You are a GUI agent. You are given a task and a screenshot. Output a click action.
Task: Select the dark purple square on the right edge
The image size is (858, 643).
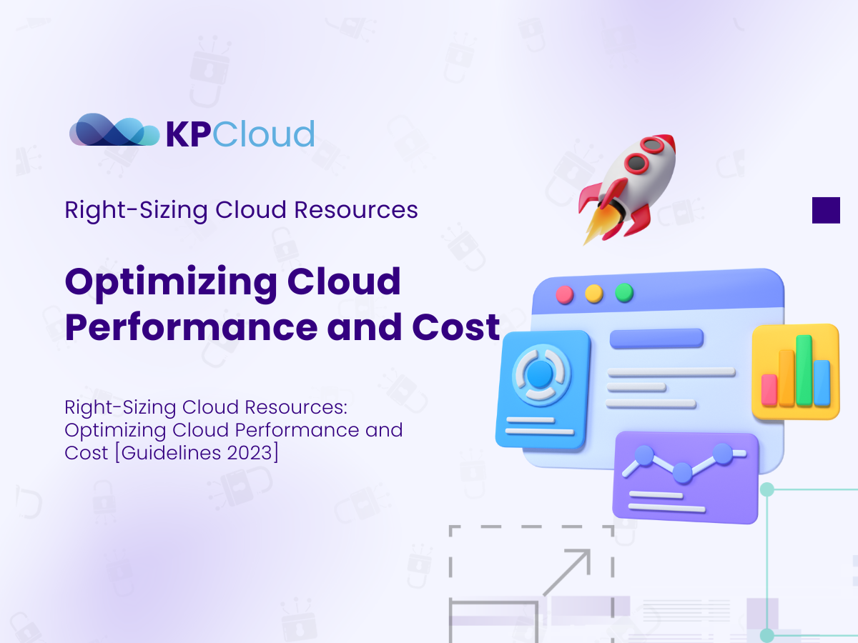pyautogui.click(x=826, y=210)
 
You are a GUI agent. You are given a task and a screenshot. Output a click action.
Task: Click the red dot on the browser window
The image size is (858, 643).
pyautogui.click(x=565, y=294)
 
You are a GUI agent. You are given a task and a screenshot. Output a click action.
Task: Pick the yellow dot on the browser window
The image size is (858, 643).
pyautogui.click(x=594, y=293)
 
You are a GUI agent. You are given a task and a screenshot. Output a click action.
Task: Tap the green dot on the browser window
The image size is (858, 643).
pyautogui.click(x=624, y=292)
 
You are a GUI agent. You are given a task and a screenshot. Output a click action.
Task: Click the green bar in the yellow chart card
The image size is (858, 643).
pyautogui.click(x=804, y=370)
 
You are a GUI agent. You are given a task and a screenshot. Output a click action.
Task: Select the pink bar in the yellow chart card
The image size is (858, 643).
pyautogui.click(x=769, y=389)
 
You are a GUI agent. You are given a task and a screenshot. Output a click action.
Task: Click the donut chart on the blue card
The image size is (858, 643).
pyautogui.click(x=541, y=373)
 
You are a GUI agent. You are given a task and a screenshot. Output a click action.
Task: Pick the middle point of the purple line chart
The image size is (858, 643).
pyautogui.click(x=682, y=472)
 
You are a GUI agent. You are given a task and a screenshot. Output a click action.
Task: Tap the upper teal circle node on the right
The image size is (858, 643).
pyautogui.click(x=767, y=489)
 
